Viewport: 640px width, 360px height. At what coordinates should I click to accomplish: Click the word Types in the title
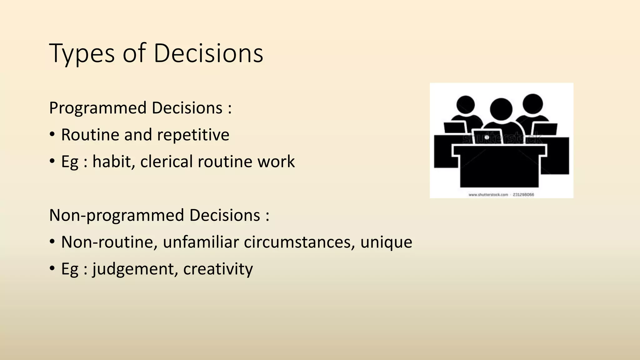pyautogui.click(x=82, y=54)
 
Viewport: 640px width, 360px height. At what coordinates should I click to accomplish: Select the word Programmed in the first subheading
pyautogui.click(x=98, y=108)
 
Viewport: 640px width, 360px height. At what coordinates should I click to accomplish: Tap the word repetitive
pyautogui.click(x=193, y=135)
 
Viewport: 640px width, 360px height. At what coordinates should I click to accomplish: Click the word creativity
pyautogui.click(x=218, y=269)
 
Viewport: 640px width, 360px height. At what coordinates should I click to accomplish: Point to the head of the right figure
pyautogui.click(x=532, y=104)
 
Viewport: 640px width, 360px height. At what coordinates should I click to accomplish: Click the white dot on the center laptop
pyautogui.click(x=487, y=137)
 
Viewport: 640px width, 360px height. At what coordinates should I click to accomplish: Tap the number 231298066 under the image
pyautogui.click(x=523, y=195)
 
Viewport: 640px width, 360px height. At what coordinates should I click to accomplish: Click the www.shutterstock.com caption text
pyautogui.click(x=488, y=195)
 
